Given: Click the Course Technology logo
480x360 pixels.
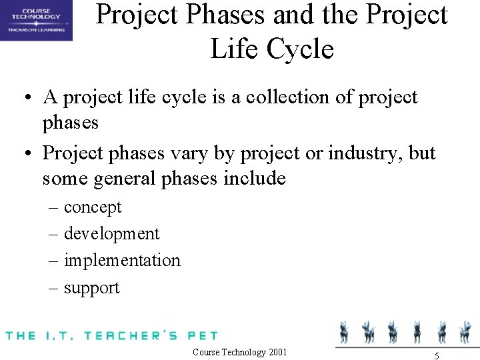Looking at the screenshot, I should tap(36, 20).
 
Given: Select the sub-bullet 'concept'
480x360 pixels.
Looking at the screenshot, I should tap(93, 207).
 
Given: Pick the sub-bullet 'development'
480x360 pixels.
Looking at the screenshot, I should tap(111, 234).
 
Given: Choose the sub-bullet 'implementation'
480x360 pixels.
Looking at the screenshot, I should tap(122, 260).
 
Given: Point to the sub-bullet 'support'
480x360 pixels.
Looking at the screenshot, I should tap(91, 288).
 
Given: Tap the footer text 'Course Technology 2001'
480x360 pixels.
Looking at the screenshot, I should tap(239, 352).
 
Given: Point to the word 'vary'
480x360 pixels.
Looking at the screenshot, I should tap(187, 153).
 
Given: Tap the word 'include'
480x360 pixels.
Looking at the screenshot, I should tap(254, 179).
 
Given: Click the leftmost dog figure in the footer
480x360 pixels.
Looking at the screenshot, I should tap(344, 331).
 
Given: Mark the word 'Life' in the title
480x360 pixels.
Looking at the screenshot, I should tap(233, 49).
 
